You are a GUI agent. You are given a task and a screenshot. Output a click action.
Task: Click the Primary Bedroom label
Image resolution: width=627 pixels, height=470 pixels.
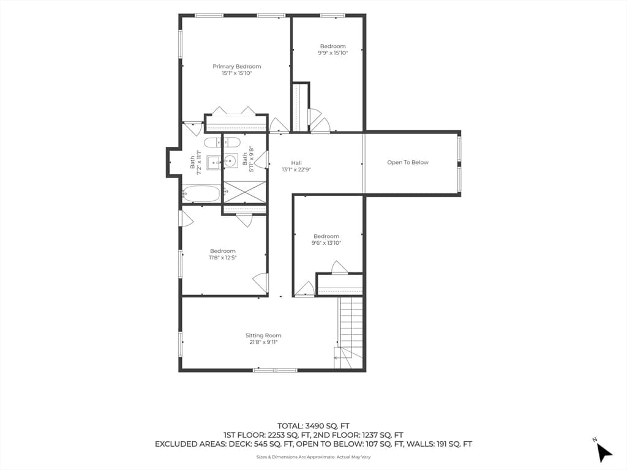pyautogui.click(x=237, y=66)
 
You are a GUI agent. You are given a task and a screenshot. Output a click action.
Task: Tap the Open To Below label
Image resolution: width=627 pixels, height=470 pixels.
pyautogui.click(x=407, y=162)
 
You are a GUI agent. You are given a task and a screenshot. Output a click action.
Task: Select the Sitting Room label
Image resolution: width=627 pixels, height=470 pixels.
pyautogui.click(x=263, y=335)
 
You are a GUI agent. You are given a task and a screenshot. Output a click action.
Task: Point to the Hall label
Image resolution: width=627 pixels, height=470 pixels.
pyautogui.click(x=296, y=163)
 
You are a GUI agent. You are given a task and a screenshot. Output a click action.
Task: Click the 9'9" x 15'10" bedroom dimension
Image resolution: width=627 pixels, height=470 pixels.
pyautogui.click(x=332, y=53)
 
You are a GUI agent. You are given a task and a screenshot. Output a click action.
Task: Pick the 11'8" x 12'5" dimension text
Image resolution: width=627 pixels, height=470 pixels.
pyautogui.click(x=223, y=258)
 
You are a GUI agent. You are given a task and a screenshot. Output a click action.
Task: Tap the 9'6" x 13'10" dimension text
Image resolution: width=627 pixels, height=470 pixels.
pyautogui.click(x=326, y=242)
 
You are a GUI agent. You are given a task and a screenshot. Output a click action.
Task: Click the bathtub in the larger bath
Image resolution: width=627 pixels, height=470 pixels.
pyautogui.click(x=201, y=194)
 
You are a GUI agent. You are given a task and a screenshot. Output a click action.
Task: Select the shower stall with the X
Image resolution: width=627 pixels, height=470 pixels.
pyautogui.click(x=244, y=192)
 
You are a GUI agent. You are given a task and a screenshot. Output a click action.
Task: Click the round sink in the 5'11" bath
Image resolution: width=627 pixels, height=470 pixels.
pyautogui.click(x=230, y=162)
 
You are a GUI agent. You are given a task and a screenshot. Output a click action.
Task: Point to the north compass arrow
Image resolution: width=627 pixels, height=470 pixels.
pyautogui.click(x=604, y=452)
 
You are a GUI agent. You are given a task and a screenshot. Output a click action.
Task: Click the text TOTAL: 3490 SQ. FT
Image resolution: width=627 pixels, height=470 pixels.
pyautogui.click(x=313, y=426)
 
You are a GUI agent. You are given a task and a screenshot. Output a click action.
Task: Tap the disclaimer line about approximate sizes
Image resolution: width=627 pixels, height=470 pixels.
pyautogui.click(x=313, y=457)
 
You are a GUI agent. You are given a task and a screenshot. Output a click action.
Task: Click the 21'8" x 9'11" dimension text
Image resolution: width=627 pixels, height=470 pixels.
pyautogui.click(x=263, y=342)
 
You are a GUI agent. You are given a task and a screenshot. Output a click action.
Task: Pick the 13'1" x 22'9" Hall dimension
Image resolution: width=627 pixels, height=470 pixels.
pyautogui.click(x=296, y=170)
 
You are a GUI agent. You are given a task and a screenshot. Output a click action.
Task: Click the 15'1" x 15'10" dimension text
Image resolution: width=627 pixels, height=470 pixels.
pyautogui.click(x=237, y=73)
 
